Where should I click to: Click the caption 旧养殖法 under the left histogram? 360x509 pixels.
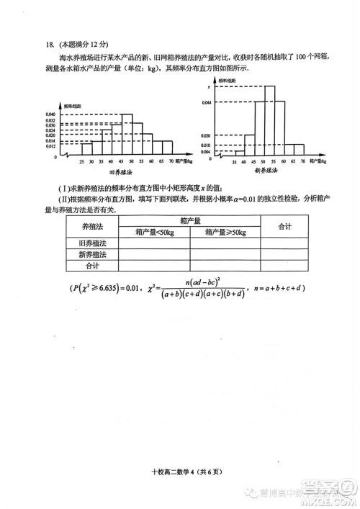[x=120, y=172]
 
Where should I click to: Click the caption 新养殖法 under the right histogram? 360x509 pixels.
[x=266, y=172]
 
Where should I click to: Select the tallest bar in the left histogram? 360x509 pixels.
[x=126, y=135]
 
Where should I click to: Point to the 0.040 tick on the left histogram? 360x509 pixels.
[x=50, y=114]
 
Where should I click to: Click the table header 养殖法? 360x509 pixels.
[x=91, y=226]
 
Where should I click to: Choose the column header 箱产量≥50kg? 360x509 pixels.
[x=225, y=233]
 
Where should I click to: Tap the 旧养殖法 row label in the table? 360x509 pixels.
[x=91, y=243]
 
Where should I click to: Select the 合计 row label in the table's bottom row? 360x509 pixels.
[x=91, y=265]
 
